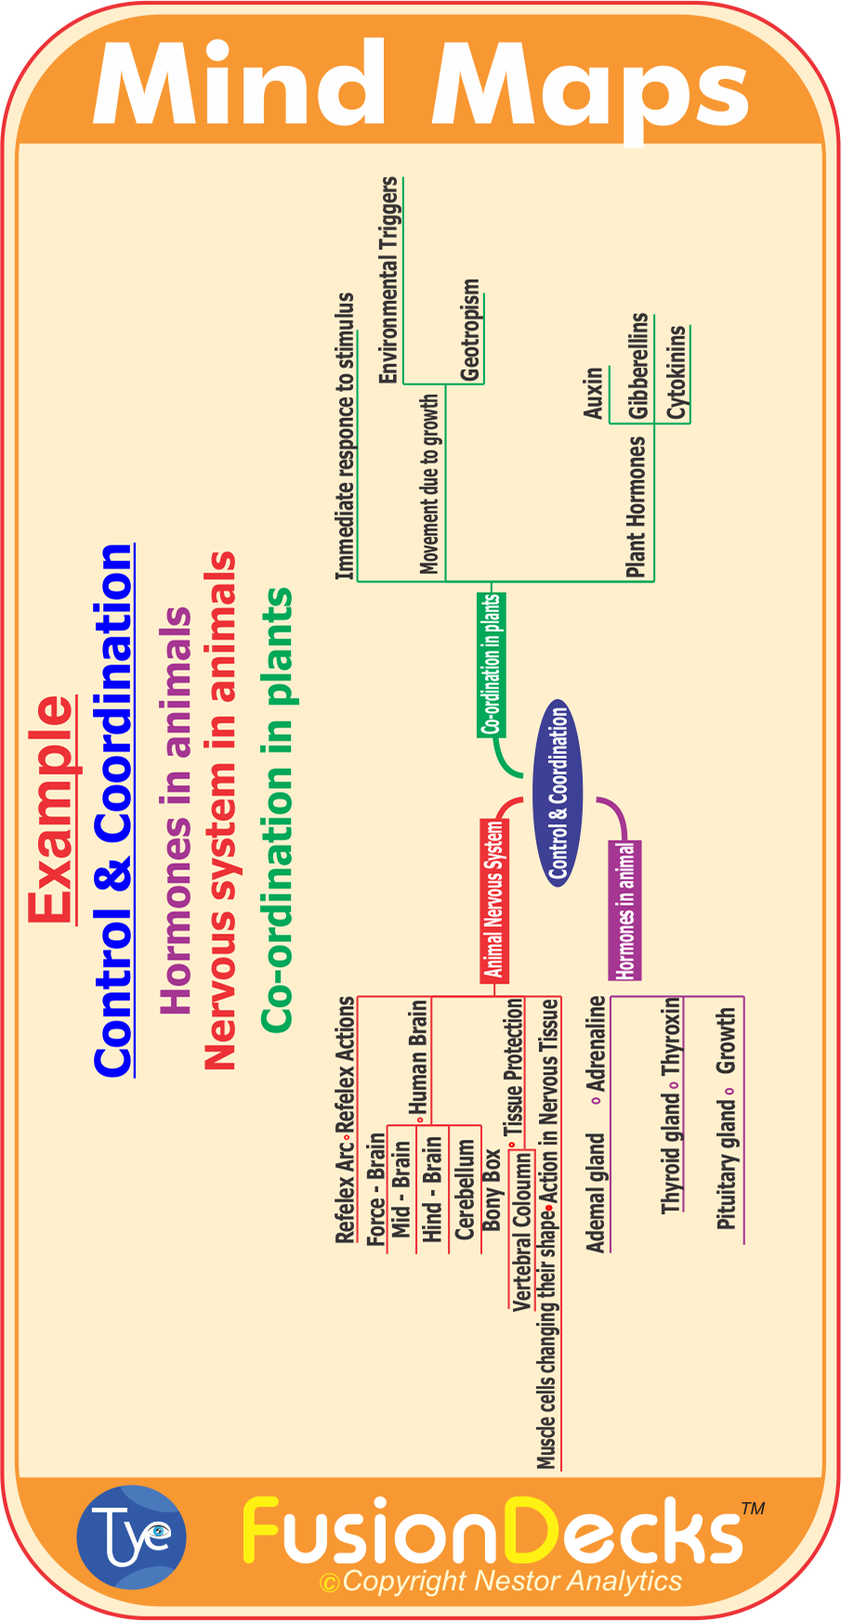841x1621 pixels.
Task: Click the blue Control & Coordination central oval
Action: tap(558, 792)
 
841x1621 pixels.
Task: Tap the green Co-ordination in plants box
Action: tap(491, 664)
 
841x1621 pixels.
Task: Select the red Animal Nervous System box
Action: tap(494, 899)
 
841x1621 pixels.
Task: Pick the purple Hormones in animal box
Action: tap(625, 909)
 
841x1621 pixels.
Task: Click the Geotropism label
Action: tap(471, 331)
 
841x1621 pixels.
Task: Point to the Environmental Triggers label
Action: tap(388, 280)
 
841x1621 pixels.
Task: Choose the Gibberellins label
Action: tap(638, 365)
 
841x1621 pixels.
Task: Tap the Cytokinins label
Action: tap(677, 373)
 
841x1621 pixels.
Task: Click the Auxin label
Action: tap(594, 393)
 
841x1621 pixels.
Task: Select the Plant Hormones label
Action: tap(636, 507)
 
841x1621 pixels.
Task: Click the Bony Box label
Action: tap(492, 1190)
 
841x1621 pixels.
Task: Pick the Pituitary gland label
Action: tap(727, 1165)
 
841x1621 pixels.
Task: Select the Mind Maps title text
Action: tap(420, 85)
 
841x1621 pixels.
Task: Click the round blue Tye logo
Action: tap(132, 1536)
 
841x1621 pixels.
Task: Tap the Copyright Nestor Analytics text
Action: tap(501, 1581)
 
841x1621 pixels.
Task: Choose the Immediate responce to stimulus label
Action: tap(345, 437)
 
